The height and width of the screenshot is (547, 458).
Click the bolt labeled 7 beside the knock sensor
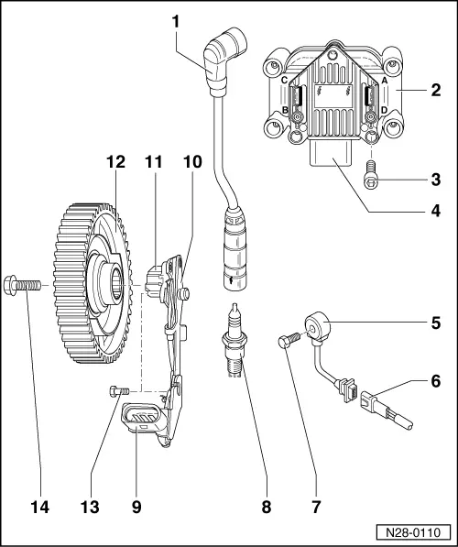coord(285,343)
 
